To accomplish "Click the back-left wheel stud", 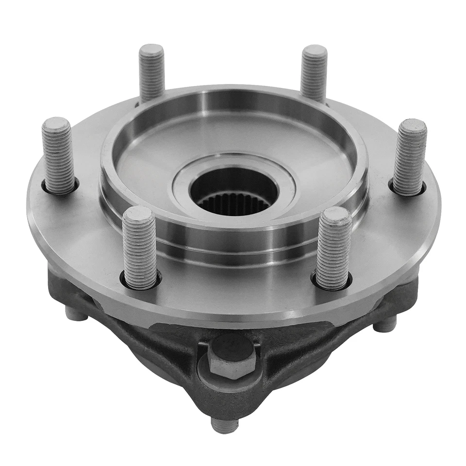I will click(x=152, y=73).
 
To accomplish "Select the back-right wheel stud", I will click(x=314, y=73).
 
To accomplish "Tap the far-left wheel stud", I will click(x=58, y=155).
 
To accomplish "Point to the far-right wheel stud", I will click(x=409, y=156).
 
